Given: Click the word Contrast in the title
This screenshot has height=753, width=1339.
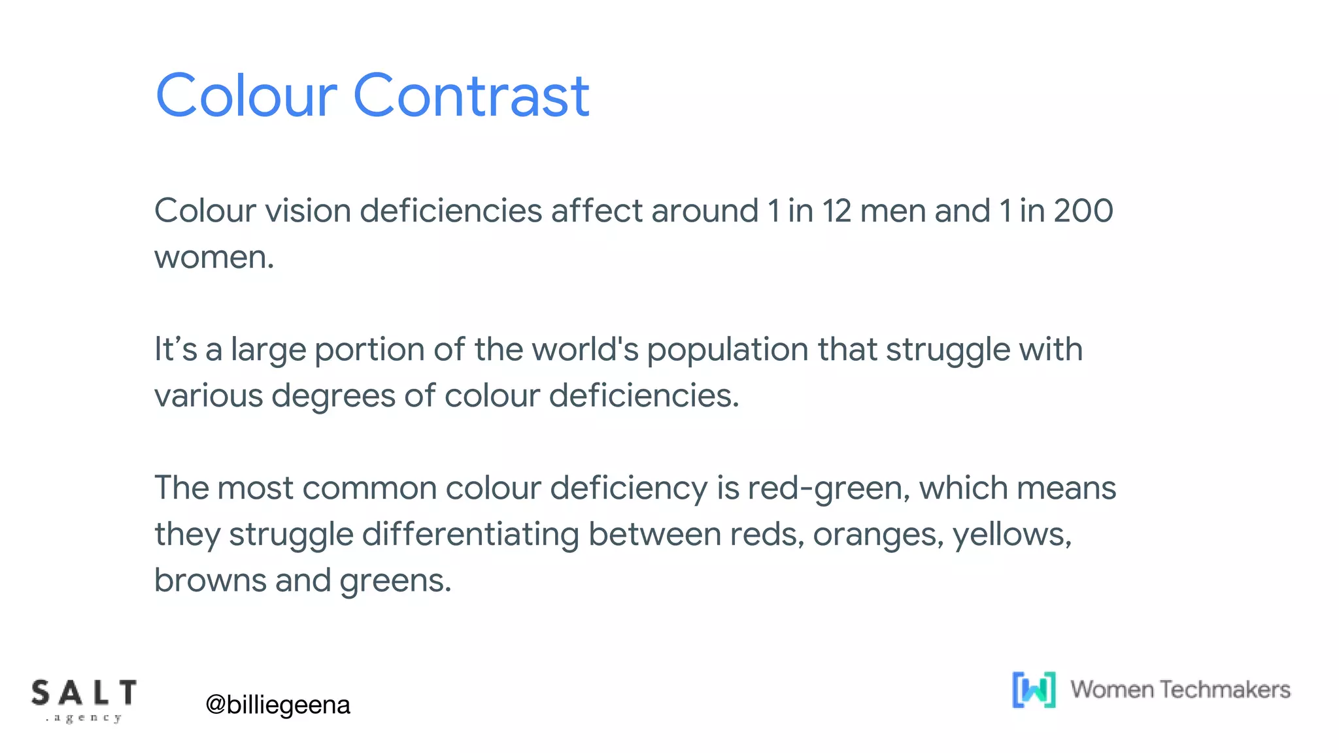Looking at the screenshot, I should point(471,96).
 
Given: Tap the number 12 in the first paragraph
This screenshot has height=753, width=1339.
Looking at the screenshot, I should point(836,211).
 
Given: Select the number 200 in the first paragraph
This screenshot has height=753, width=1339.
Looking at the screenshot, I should point(1083,211).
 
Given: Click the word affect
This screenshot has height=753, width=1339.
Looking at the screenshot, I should point(596,211).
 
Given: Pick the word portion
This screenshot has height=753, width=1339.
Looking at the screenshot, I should point(369,350).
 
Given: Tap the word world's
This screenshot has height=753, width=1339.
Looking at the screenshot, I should point(585,349).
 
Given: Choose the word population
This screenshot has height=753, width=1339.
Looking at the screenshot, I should point(728,350).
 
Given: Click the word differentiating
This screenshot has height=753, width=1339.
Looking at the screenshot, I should point(470,535).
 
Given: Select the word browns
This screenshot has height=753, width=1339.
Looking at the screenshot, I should point(210,580).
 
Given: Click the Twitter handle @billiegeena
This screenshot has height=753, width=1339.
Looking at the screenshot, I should point(278,705).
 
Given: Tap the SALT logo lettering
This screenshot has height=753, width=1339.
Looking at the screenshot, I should point(84,694).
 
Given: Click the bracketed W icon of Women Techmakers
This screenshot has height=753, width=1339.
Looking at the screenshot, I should point(1034,690).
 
